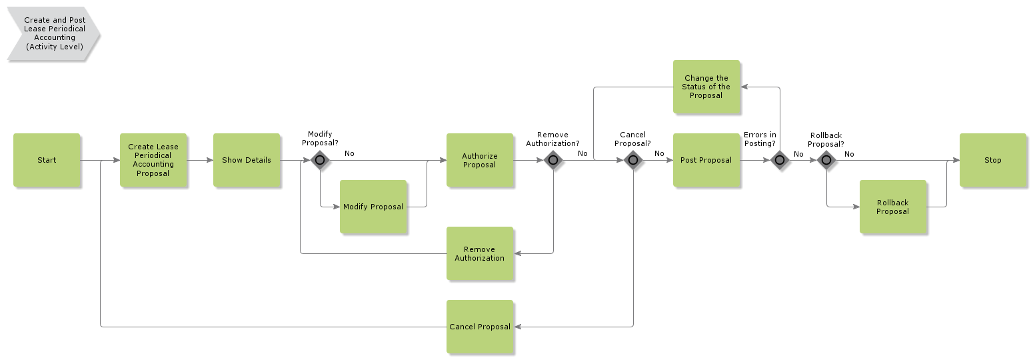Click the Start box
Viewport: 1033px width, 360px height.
47,160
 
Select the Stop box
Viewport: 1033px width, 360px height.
992,160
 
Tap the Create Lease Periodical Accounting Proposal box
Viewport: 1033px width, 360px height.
153,160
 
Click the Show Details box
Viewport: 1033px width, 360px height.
247,160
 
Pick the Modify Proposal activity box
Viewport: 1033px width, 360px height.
373,207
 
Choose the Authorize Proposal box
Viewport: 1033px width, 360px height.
480,160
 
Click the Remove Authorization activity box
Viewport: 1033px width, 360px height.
480,253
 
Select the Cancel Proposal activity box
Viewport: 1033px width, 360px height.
480,327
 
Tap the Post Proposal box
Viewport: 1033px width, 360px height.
706,160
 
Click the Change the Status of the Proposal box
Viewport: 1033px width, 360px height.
706,87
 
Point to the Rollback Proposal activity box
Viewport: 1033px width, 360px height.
892,207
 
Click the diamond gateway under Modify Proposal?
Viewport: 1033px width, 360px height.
320,160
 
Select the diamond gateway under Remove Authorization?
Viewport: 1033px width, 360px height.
553,160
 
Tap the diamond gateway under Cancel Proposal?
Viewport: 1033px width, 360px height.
633,160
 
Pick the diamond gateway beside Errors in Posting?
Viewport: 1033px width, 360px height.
780,160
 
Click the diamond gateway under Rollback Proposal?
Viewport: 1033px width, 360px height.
826,160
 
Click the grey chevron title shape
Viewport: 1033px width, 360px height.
53,33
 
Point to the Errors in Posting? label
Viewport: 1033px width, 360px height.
760,139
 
